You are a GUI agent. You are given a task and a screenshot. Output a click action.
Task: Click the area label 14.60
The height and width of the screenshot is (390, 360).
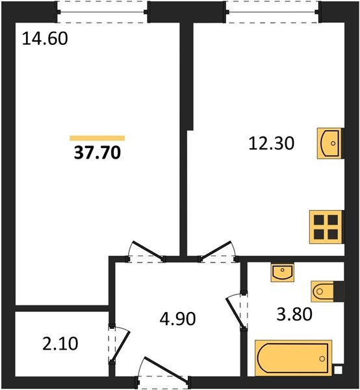(x=45, y=39)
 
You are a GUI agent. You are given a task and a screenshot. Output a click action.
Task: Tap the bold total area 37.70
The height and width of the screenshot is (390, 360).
(x=97, y=153)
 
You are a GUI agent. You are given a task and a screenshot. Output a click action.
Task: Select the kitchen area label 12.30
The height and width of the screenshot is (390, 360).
(x=272, y=144)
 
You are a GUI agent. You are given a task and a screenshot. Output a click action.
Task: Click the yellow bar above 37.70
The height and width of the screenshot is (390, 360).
(x=97, y=138)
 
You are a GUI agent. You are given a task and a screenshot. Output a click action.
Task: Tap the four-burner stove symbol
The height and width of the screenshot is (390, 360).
(x=326, y=227)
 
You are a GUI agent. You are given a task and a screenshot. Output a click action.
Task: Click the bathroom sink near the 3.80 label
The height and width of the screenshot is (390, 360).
(x=283, y=272)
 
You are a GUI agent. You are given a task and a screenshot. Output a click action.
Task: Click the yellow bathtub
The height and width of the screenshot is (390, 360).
(x=292, y=358)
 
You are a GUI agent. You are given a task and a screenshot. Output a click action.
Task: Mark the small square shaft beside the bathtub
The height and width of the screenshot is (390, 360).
(x=337, y=370)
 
